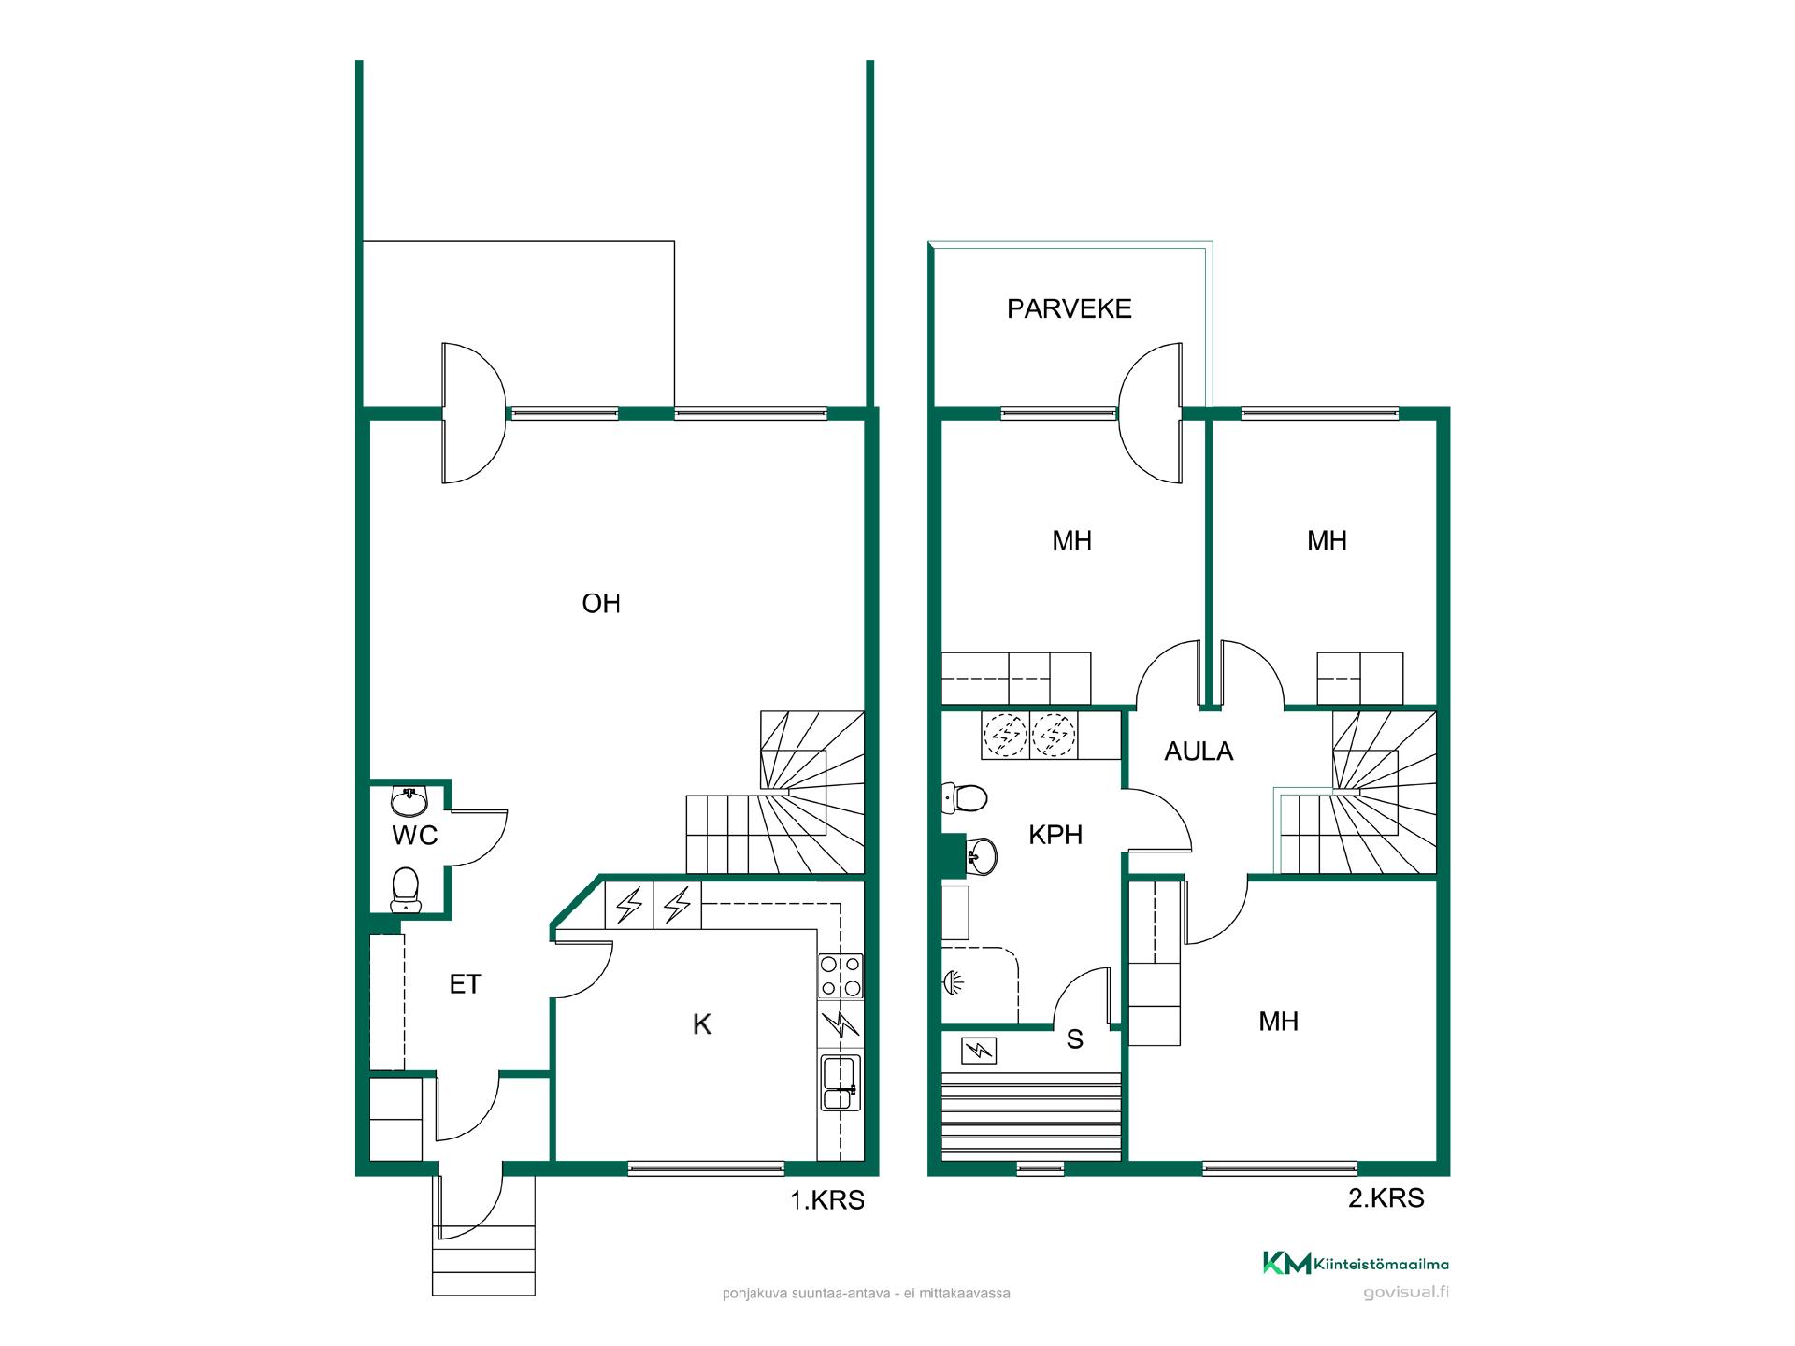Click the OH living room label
click(600, 604)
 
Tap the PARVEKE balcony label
click(1069, 309)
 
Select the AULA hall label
click(1199, 752)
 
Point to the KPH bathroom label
click(1055, 835)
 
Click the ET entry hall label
click(465, 984)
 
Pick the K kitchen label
click(702, 1024)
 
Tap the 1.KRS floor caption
click(827, 1200)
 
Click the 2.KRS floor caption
click(1386, 1198)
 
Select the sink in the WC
click(409, 801)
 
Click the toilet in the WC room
click(405, 889)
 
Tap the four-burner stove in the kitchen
click(840, 976)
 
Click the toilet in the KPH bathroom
click(964, 799)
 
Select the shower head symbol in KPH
click(952, 981)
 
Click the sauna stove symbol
click(978, 1051)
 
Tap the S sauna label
click(1075, 1039)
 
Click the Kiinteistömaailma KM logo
click(1356, 1264)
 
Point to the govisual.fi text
click(1406, 1294)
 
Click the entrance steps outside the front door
click(483, 1261)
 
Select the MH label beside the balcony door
click(1071, 541)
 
